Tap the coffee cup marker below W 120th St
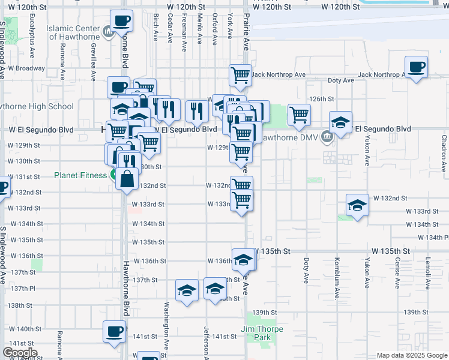121,22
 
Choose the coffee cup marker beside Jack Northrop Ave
416,67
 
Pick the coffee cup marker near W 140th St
114,331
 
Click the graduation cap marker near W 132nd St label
357,205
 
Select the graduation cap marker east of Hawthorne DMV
340,122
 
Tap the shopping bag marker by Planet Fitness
127,178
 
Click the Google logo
19,353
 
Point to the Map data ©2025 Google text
412,355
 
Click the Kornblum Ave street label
337,271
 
